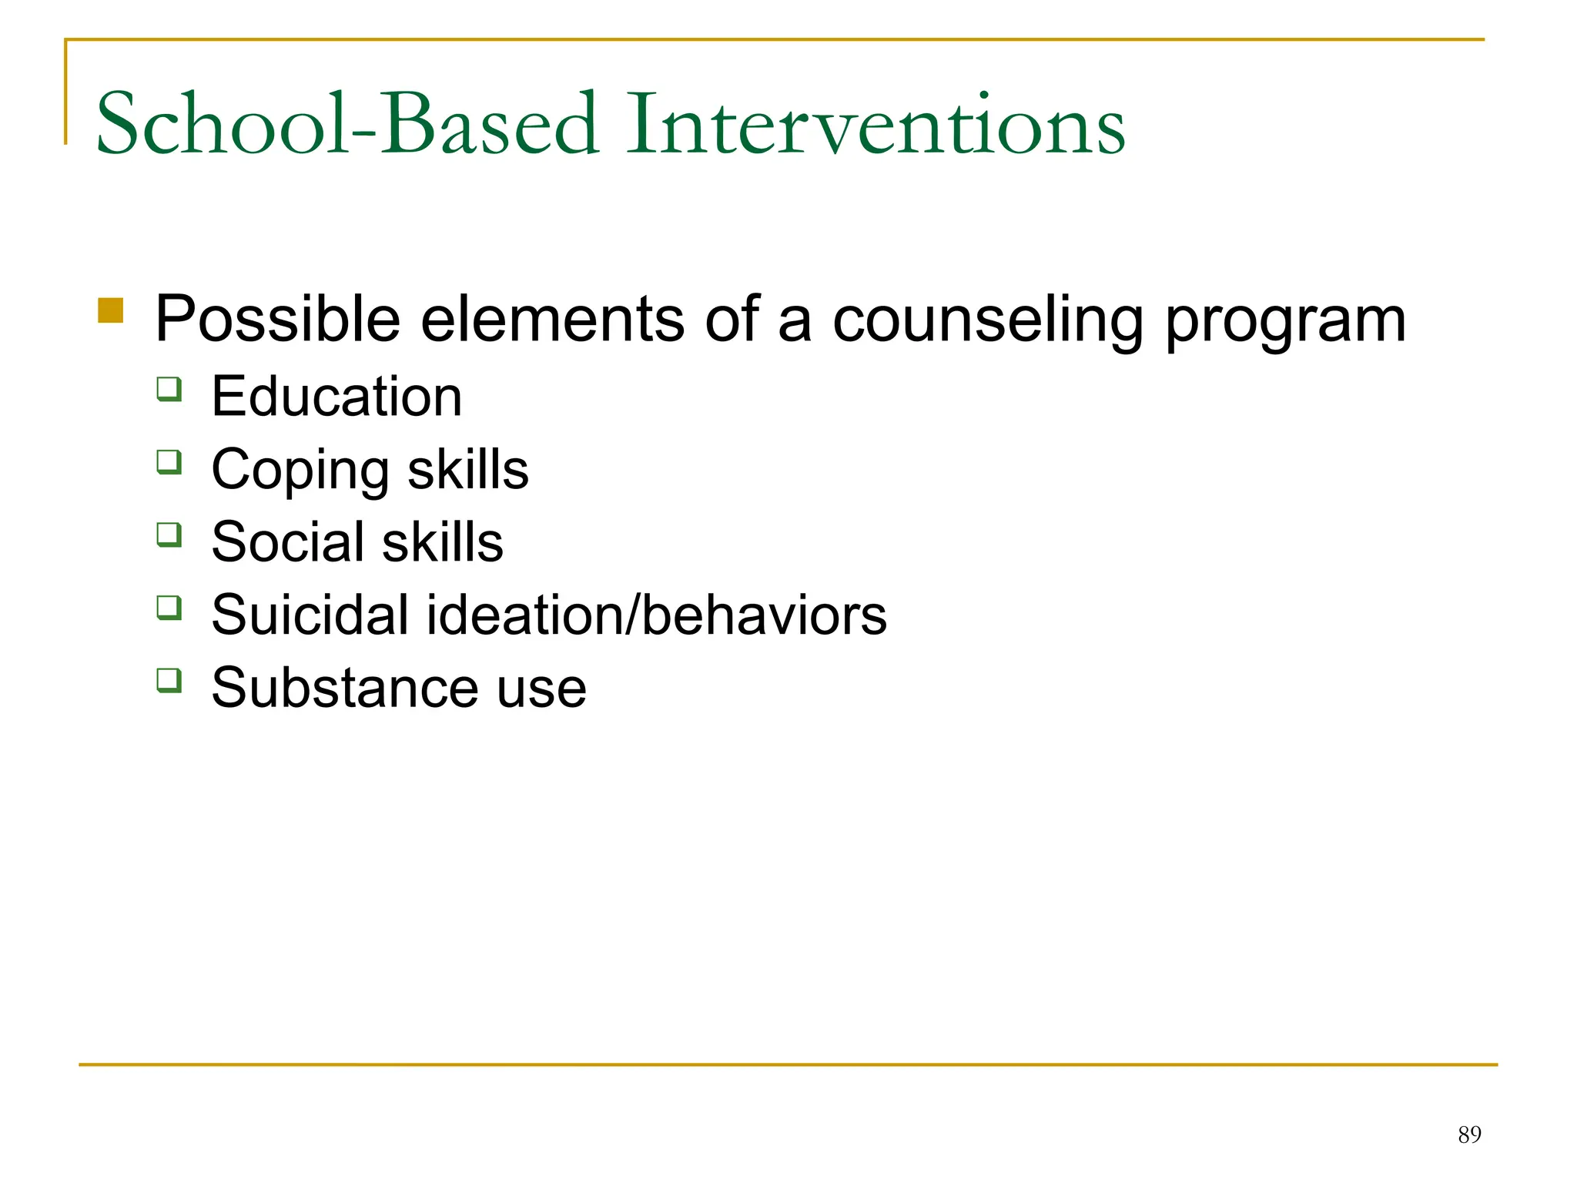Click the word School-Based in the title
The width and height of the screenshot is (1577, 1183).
347,125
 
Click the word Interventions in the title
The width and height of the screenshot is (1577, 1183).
876,125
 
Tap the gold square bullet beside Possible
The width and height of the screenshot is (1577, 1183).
111,310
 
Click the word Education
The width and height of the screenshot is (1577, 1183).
336,397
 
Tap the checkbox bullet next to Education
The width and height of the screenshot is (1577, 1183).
169,389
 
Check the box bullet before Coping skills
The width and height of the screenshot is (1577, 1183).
169,462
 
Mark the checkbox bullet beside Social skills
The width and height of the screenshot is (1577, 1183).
169,535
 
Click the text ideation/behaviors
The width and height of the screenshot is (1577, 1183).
656,615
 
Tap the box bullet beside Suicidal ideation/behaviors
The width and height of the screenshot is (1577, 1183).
169,608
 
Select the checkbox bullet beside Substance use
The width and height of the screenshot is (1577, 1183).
169,680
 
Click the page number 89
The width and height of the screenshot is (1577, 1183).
1469,1134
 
